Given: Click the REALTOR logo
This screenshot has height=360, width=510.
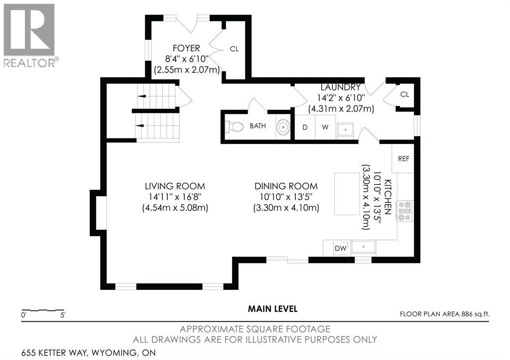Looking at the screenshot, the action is tap(29, 35).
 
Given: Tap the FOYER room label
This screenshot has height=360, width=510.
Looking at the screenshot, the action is tap(186, 48).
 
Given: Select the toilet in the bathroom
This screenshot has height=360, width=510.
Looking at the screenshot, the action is tap(235, 126).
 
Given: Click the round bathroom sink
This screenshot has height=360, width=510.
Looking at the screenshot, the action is tap(283, 126).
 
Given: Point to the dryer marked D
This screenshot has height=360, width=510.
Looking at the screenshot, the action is tap(305, 127).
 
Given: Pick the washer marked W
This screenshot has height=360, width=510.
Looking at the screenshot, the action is tap(325, 127).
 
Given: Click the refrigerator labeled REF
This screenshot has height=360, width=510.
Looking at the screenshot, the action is tap(403, 159).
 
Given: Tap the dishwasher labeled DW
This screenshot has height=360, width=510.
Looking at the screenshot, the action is tap(341, 248).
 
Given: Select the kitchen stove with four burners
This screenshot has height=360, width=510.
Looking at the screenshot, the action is tap(405, 211).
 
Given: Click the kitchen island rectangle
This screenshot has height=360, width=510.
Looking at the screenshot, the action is tap(347, 194).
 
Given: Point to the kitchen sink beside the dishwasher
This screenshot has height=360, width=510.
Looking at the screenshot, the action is tap(363, 247).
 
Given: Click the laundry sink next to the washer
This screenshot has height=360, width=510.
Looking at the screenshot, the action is tap(346, 130).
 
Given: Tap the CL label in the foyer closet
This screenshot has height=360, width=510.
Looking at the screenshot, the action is tap(234, 49).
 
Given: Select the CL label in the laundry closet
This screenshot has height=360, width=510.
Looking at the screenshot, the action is tap(404, 94).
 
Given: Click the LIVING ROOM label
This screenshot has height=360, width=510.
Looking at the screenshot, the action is tap(175, 186).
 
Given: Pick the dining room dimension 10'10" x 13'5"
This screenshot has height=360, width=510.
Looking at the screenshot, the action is tap(286, 197).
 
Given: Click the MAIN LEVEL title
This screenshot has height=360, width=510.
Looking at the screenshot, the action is tap(272, 309).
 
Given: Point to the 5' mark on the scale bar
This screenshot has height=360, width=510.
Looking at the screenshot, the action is tap(63, 315).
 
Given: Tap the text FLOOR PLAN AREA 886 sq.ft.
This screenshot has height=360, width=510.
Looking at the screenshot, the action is tap(445, 314).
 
